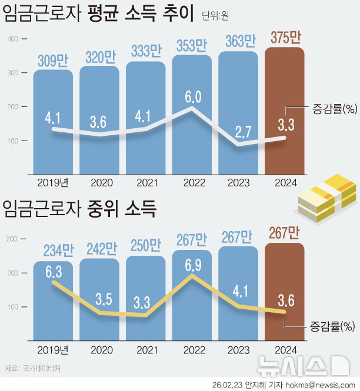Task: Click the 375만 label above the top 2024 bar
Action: click(x=285, y=38)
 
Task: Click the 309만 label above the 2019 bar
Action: click(x=53, y=61)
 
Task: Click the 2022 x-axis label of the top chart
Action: click(x=192, y=182)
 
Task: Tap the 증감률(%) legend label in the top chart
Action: click(x=333, y=108)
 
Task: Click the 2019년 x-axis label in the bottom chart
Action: click(x=53, y=349)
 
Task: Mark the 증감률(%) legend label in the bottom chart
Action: click(x=333, y=325)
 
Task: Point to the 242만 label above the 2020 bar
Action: click(x=99, y=249)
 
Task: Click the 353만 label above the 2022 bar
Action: click(x=192, y=45)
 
